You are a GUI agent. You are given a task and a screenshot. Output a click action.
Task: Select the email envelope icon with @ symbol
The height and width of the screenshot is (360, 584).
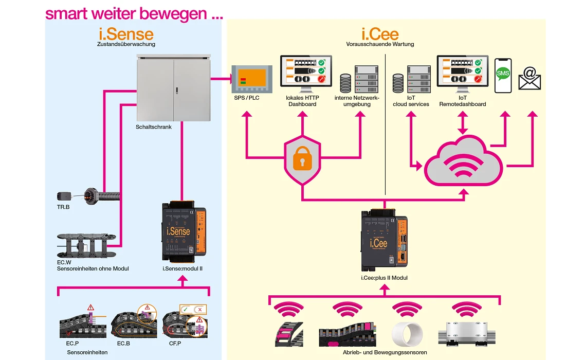pos(529,79)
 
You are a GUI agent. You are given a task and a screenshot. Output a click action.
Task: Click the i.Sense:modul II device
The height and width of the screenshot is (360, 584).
pos(184,231)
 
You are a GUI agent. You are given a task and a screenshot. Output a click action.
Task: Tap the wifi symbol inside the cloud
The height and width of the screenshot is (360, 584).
pos(464,164)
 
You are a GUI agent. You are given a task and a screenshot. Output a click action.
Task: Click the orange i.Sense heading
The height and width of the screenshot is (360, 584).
pos(126,34)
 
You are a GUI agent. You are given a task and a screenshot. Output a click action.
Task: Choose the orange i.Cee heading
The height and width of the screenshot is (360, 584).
pos(380,34)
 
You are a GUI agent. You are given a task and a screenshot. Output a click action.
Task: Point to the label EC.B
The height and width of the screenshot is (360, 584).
pos(123,343)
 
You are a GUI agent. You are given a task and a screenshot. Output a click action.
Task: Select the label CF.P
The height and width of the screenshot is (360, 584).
pos(175,343)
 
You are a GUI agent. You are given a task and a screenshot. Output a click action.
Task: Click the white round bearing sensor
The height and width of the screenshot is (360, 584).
pos(407,334)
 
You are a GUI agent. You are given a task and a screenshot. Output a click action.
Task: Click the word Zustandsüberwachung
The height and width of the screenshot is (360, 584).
pos(126,44)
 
